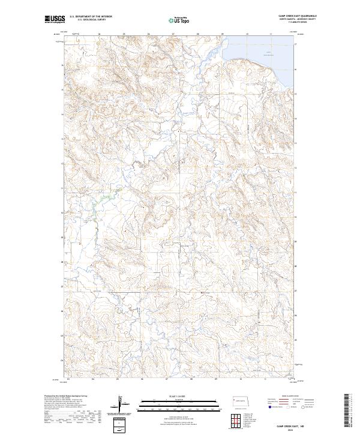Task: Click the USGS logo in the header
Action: pyautogui.click(x=55, y=19)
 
